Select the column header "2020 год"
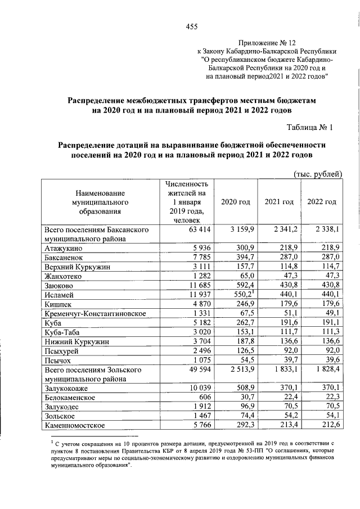click(x=236, y=202)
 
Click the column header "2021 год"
click(x=280, y=202)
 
